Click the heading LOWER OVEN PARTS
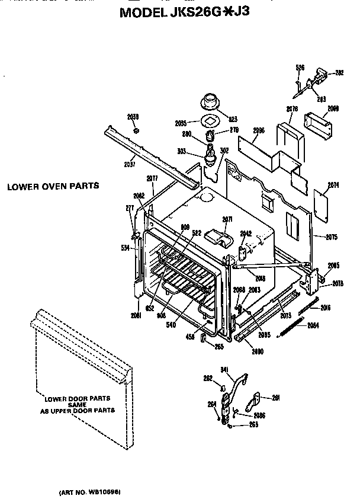click(53, 186)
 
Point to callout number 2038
click(133, 117)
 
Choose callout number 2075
click(331, 237)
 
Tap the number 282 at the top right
click(339, 73)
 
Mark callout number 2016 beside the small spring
click(325, 308)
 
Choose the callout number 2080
click(258, 351)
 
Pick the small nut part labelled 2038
click(136, 130)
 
